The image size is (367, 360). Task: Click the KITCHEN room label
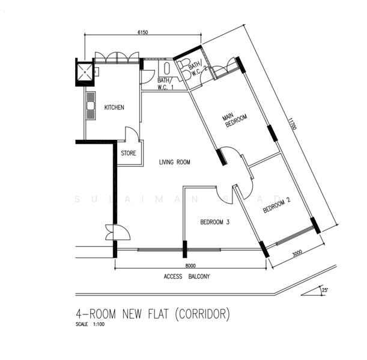(x=114, y=108)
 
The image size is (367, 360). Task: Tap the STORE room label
(x=128, y=154)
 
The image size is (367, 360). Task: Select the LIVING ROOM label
(x=175, y=162)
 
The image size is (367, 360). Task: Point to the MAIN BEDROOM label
(x=232, y=121)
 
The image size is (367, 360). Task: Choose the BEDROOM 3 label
(x=214, y=223)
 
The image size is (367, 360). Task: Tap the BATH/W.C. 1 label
(x=166, y=83)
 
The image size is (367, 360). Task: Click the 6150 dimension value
(x=143, y=32)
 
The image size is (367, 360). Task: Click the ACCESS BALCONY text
(x=187, y=277)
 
